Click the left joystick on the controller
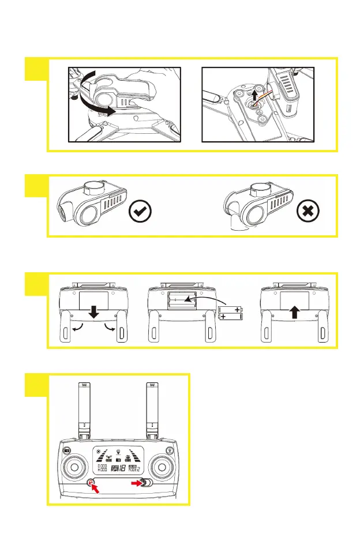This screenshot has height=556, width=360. (x=74, y=465)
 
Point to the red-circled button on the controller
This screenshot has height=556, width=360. (x=91, y=483)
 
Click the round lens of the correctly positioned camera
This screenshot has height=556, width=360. (x=90, y=214)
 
